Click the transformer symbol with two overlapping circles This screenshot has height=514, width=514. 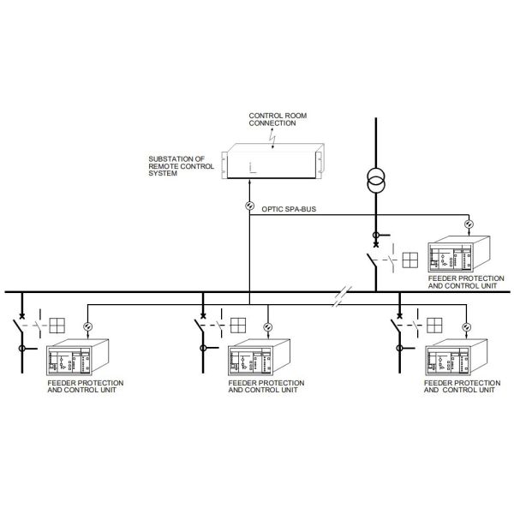click(x=375, y=182)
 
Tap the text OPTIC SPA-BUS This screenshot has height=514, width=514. click(x=286, y=209)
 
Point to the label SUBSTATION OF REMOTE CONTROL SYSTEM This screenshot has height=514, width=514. click(x=177, y=166)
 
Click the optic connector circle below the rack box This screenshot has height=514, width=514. click(x=249, y=206)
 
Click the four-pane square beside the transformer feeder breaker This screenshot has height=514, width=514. click(x=410, y=259)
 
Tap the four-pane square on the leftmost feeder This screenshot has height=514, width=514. click(x=57, y=326)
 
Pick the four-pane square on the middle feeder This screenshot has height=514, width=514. click(x=237, y=326)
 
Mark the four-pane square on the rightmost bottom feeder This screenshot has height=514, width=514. click(x=434, y=326)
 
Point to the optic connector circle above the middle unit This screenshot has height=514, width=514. click(x=266, y=327)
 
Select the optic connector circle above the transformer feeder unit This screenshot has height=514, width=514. click(x=469, y=225)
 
